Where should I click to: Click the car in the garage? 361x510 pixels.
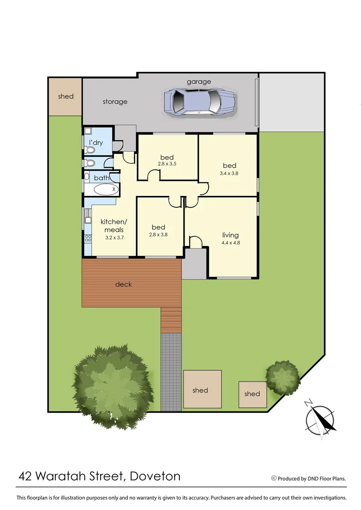coord(200,101)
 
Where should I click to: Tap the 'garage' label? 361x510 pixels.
coord(199,82)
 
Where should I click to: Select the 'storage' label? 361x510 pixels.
coord(115,102)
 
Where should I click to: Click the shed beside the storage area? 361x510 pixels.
coord(66,96)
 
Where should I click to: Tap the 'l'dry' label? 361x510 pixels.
coord(96,143)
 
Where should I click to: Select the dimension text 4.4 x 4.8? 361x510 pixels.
coord(230,243)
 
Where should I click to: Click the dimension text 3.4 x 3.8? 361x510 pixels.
coord(229,173)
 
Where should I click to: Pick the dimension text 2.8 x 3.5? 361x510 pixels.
coord(167,164)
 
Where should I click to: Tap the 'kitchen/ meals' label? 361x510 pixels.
coord(114,226)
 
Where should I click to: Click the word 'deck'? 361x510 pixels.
coord(123,284)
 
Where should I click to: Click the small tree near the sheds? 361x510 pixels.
coord(283,377)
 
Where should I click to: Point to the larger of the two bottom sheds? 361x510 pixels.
coord(202,390)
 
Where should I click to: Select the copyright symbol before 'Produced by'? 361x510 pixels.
coord(274,478)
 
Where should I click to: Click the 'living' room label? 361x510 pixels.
coord(230,235)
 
